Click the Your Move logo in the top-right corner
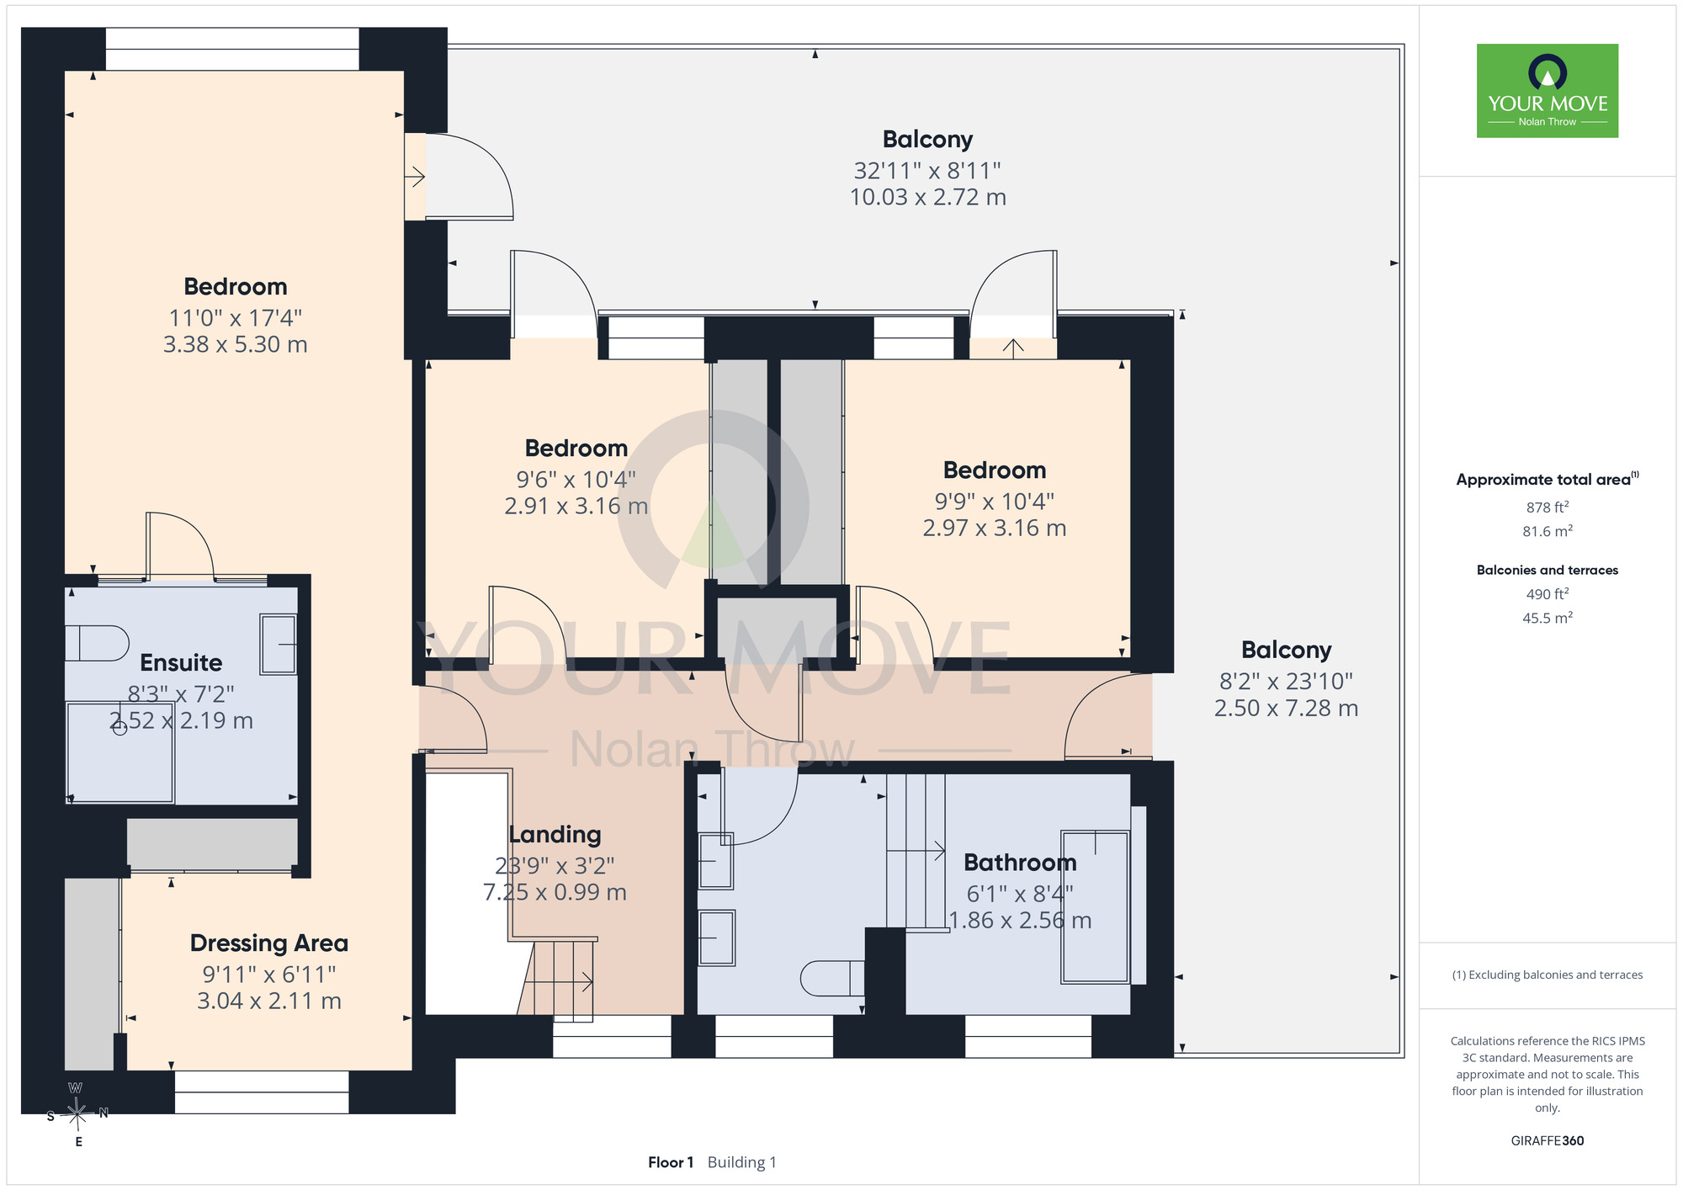point(1548,91)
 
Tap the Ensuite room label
point(181,662)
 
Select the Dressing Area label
point(269,943)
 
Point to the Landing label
point(555,835)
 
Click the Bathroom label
point(1020,863)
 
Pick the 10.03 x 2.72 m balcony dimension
point(928,197)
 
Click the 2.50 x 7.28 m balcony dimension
point(1286,709)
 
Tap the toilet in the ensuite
point(97,644)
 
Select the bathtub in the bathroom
point(1095,906)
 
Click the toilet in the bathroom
point(832,978)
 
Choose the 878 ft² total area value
point(1548,507)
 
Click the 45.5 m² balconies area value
point(1548,618)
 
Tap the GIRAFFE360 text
point(1548,1141)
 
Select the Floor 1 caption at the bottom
point(671,1162)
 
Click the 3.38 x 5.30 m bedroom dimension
point(236,344)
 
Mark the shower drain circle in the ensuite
point(120,728)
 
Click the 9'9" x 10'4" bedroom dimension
point(995,502)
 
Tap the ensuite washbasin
point(279,644)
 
